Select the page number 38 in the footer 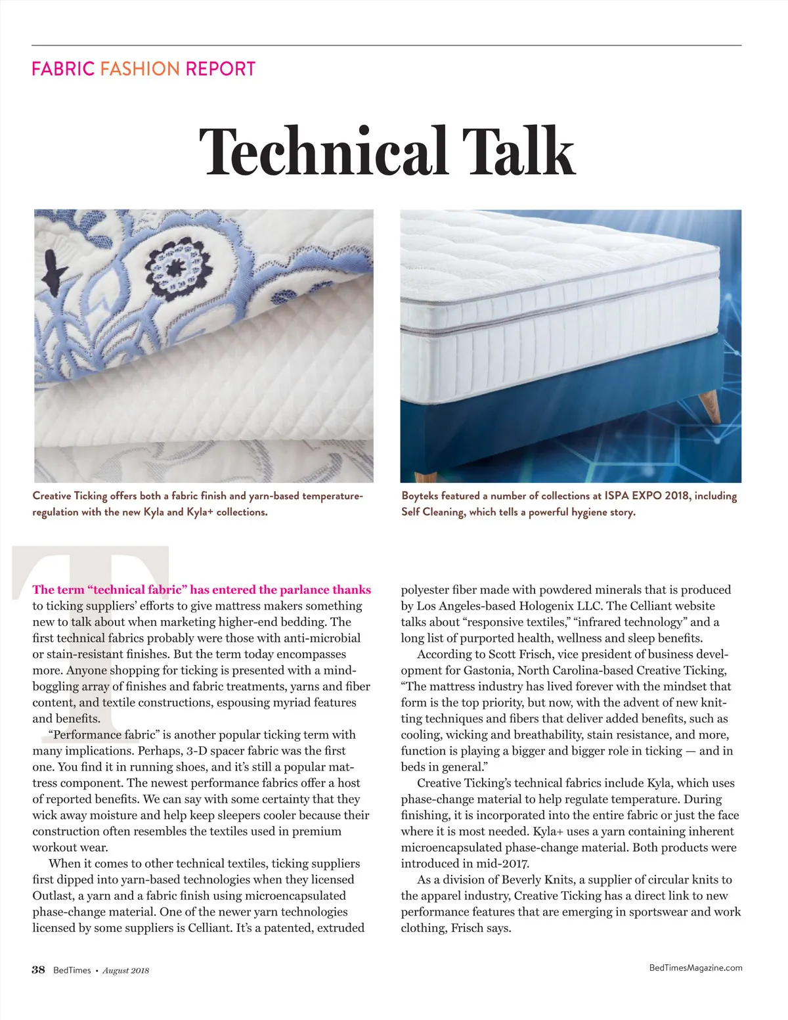coord(39,970)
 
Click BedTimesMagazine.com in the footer coord(695,967)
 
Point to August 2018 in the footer coord(126,971)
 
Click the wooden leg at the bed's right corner coord(710,406)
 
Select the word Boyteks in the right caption coord(420,496)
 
